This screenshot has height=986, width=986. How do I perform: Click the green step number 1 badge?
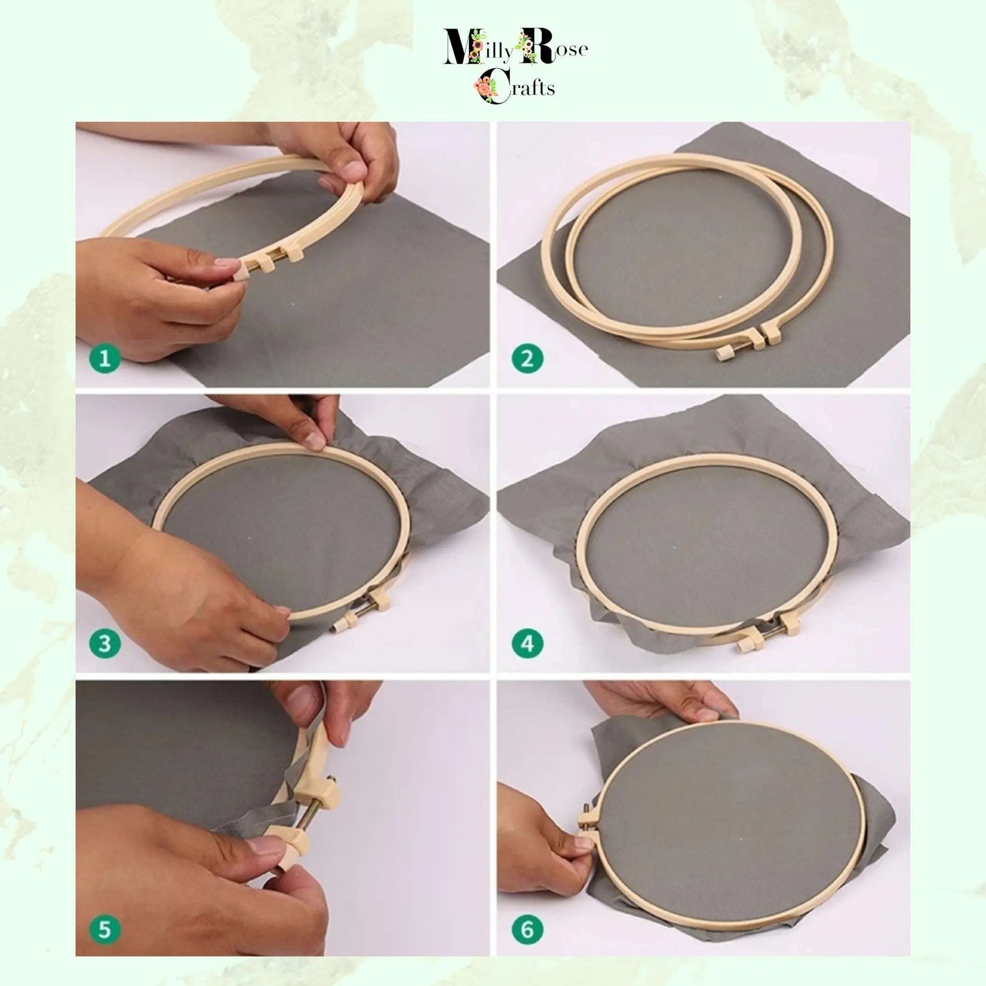[105, 358]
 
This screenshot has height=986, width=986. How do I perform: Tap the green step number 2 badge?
[527, 358]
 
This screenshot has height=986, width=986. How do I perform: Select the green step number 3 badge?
[105, 643]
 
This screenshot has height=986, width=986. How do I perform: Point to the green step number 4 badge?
[527, 643]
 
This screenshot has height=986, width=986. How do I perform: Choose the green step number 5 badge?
[105, 929]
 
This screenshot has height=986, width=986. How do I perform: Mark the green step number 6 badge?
[527, 929]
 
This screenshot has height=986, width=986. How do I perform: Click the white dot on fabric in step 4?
[674, 548]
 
